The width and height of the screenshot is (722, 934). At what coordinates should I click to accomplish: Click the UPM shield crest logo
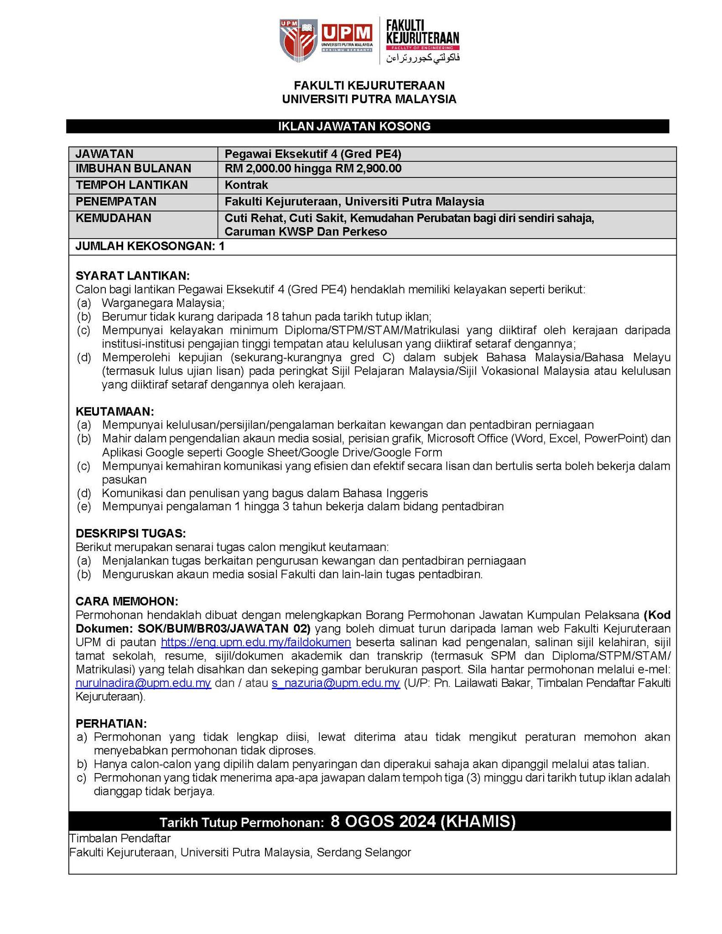pos(299,41)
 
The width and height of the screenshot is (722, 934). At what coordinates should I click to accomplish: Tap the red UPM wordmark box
pos(347,33)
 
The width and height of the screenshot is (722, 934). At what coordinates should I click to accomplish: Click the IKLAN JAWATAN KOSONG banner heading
pos(367,126)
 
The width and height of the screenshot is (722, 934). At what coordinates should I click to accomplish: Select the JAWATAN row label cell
pos(104,154)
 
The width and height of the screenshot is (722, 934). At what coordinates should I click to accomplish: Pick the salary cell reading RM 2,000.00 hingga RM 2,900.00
pos(313,169)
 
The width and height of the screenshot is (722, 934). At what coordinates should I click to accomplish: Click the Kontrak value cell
pos(246,185)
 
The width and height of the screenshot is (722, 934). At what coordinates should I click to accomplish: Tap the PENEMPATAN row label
pos(116,201)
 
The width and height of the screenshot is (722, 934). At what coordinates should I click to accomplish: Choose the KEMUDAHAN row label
pos(113,218)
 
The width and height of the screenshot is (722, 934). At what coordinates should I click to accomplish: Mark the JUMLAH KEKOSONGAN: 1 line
pos(150,247)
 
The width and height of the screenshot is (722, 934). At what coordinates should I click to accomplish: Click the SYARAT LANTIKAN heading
pos(132,275)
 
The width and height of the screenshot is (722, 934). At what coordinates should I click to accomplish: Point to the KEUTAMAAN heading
pos(115,411)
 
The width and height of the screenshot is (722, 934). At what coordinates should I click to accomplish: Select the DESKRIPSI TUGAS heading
pos(131,533)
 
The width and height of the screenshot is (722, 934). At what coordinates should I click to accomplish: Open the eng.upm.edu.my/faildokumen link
pos(256,643)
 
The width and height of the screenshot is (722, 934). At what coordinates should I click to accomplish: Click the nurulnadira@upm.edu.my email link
pos(143,683)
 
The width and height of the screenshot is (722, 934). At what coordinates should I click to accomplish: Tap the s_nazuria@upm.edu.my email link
pos(335,683)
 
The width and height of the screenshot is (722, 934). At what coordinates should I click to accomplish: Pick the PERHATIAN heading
pos(111,724)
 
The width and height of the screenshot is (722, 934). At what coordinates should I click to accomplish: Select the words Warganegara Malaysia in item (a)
pos(163,303)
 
